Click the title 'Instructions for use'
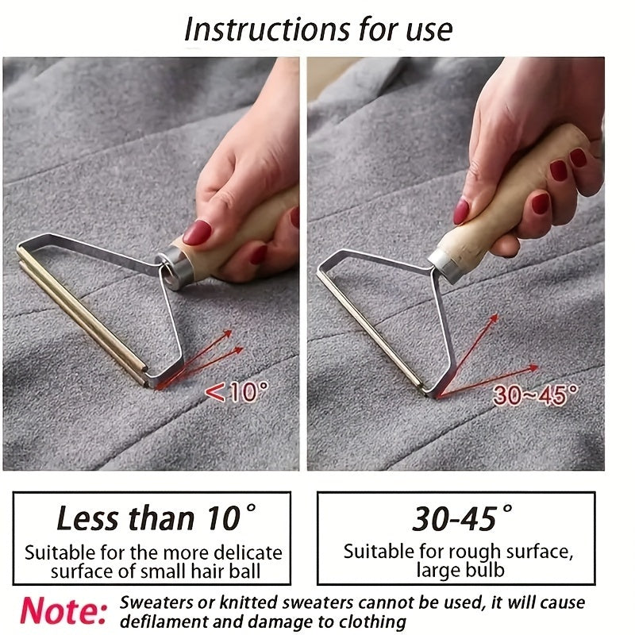[x=317, y=29]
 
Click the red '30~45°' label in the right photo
[x=535, y=394]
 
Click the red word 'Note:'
[x=63, y=610]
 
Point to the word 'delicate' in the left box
[x=244, y=552]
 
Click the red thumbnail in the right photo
[x=461, y=210]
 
